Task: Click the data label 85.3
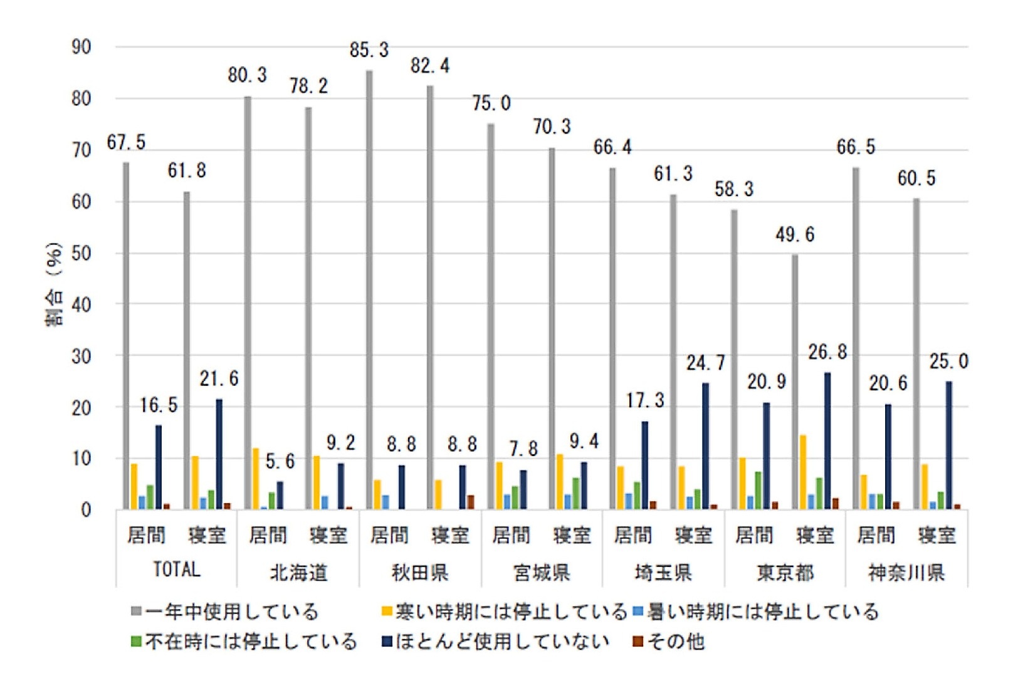(369, 50)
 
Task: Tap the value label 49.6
(795, 235)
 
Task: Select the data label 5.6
(280, 462)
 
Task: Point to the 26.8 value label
(827, 353)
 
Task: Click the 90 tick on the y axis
(81, 47)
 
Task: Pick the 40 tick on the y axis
(81, 305)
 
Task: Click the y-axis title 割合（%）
(55, 284)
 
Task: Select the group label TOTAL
(177, 570)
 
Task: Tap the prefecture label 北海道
(298, 572)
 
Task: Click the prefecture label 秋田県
(420, 572)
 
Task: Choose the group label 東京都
(785, 572)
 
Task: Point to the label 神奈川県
(906, 572)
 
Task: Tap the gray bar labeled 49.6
(795, 382)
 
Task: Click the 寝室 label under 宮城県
(572, 536)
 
